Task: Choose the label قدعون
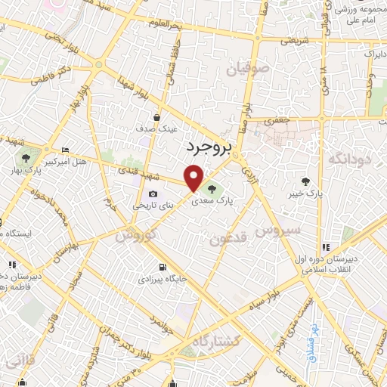pos(228,240)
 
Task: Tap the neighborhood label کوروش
pos(136,234)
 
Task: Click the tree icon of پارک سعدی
pos(210,188)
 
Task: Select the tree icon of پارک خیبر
pos(305,181)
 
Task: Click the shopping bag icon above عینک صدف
pos(156,117)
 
